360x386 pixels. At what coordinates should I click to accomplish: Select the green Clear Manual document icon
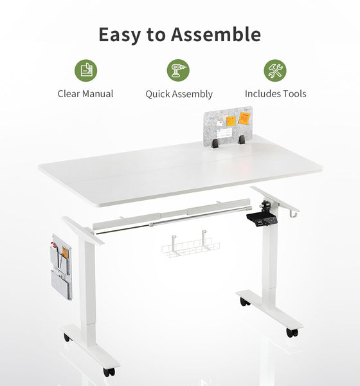85,69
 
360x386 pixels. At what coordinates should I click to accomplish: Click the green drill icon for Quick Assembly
178,69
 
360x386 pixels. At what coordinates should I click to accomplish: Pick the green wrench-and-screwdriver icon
275,69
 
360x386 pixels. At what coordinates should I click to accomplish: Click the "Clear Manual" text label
85,94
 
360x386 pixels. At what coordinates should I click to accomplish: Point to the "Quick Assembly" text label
179,94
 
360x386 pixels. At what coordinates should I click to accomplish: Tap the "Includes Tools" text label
275,94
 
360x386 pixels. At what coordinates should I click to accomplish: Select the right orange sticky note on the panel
245,118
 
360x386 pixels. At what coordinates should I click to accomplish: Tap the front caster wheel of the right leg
292,333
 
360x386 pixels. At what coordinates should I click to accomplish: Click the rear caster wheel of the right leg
244,301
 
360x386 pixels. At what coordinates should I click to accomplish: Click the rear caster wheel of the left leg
67,337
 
